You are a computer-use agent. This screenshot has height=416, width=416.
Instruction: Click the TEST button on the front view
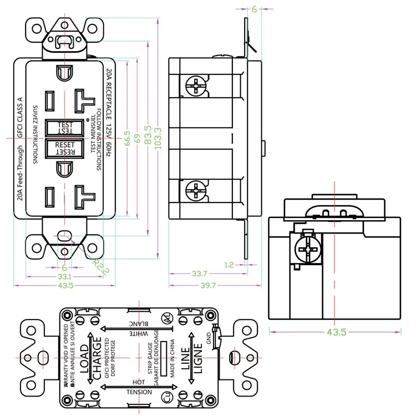(65, 128)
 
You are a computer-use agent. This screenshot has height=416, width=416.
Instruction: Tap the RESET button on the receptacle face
(65, 148)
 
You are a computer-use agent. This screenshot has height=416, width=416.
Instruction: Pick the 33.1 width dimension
(65, 276)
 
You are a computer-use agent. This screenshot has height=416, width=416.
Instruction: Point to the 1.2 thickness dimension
(229, 265)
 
